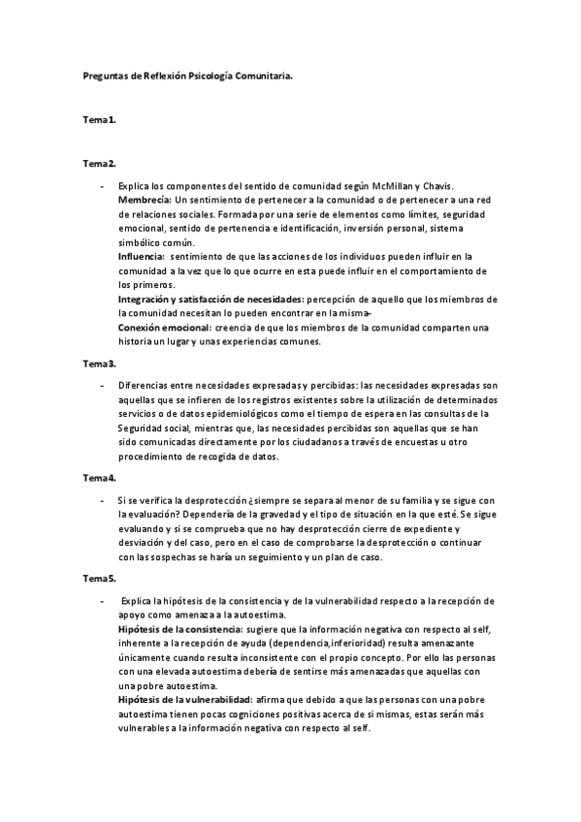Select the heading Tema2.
click(x=99, y=163)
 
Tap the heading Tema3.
click(x=99, y=364)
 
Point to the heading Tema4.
click(x=99, y=478)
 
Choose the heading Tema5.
click(x=99, y=579)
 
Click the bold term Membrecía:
click(x=145, y=199)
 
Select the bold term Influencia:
click(x=142, y=256)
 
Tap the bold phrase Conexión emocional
click(x=163, y=328)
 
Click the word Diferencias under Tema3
click(x=145, y=386)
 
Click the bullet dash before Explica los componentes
click(x=102, y=185)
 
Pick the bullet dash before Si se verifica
click(x=102, y=500)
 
